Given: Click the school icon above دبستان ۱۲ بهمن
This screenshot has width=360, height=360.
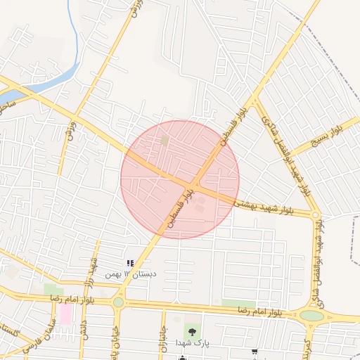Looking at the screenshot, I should coord(129,264).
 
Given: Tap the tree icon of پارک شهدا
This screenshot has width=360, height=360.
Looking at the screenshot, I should coord(191,330).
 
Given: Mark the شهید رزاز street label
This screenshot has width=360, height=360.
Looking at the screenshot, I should coord(92,268).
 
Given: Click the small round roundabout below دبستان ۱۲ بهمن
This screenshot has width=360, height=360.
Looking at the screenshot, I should coord(118,302).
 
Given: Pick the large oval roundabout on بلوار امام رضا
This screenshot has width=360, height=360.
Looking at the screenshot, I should coord(311,316).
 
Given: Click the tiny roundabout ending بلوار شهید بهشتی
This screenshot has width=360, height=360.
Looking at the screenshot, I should coord(316,214).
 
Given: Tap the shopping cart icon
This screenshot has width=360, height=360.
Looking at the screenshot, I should coord(254,352).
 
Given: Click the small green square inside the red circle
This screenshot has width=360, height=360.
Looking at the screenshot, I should coord(165,141).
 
